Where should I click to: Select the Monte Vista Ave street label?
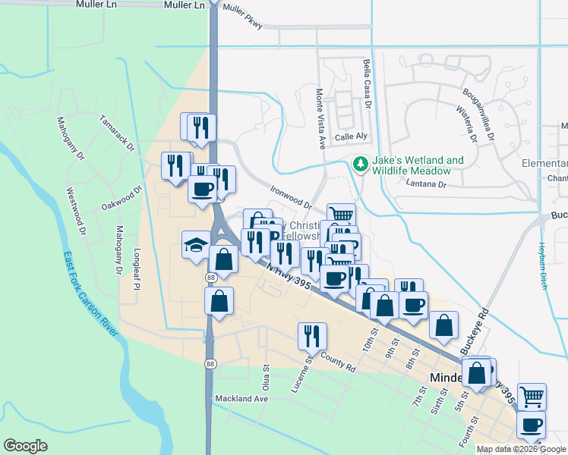pos(320,117)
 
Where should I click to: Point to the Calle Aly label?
pos(351,136)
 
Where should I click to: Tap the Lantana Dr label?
pos(426,184)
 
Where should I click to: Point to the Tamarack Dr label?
pos(116,132)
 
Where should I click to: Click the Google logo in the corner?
pos(25,446)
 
